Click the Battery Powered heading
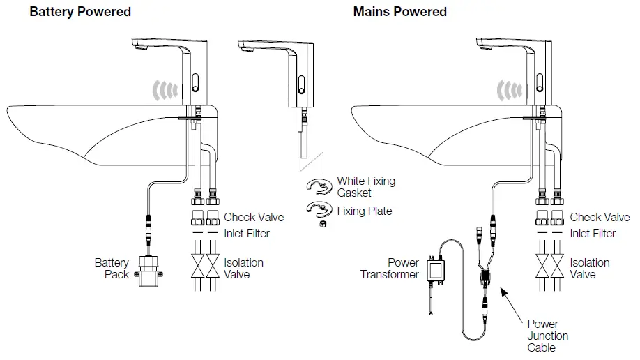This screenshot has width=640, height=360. [x=80, y=12]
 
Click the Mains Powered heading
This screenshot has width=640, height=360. [x=400, y=12]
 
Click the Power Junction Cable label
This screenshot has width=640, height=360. [x=547, y=336]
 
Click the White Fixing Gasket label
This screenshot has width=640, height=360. [x=366, y=187]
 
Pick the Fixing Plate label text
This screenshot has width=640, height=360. [x=365, y=211]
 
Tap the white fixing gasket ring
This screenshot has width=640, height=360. [x=318, y=185]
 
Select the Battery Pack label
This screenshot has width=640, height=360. [x=112, y=269]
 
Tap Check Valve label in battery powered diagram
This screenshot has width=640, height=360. [x=254, y=218]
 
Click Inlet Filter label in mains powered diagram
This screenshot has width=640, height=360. [x=593, y=233]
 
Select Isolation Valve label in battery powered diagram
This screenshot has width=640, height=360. [x=243, y=269]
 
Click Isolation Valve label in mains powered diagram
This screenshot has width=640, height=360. [x=589, y=269]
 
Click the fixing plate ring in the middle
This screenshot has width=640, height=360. [x=318, y=209]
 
